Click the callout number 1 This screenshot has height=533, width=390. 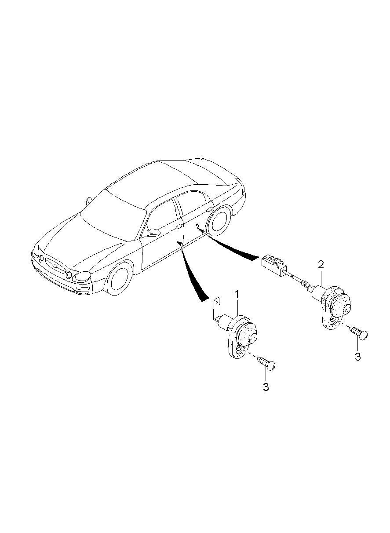pos(237,294)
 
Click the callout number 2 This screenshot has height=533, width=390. pos(321,264)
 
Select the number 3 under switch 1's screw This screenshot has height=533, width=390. pos(266,387)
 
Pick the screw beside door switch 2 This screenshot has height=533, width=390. pos(357,332)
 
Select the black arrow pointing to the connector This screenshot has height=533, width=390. pos(233,249)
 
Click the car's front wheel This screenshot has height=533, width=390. pos(119,278)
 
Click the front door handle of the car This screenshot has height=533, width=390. pos(179,226)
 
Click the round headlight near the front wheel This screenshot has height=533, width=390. pos(82,276)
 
